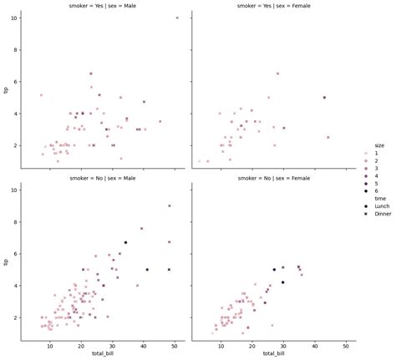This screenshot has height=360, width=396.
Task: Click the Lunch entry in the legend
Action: coord(381,205)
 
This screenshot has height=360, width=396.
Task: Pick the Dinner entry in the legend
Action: coord(382,214)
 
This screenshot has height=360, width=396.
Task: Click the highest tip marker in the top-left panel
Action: coord(177,18)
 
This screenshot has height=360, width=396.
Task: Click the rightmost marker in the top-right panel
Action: coord(328,137)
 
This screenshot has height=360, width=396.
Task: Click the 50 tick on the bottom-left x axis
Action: coord(175,346)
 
